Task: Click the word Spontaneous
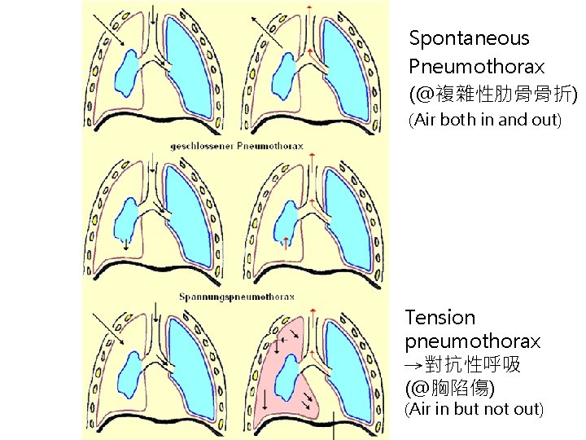tap(469, 38)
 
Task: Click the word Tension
tap(440, 318)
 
